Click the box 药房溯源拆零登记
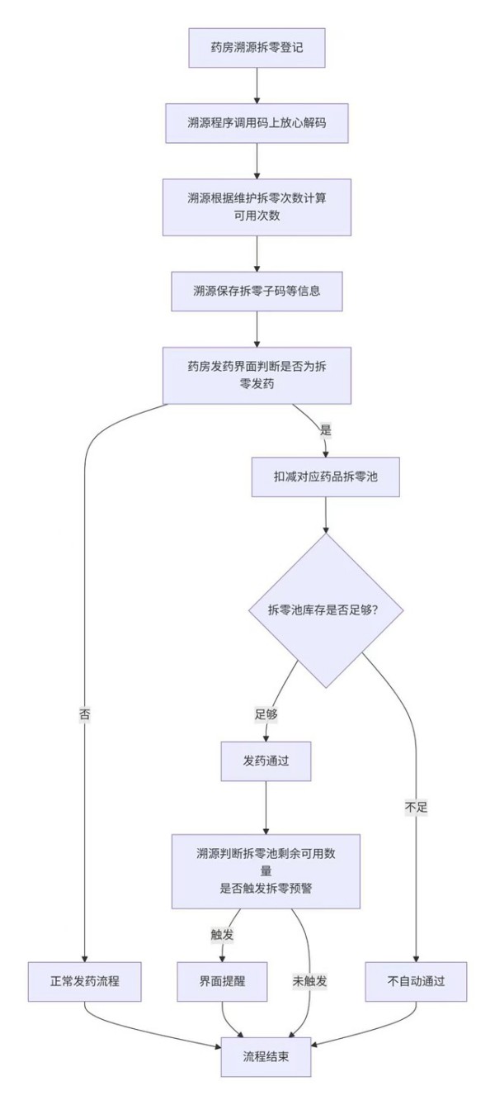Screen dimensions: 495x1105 coord(257,48)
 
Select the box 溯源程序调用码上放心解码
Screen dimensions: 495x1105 coord(257,123)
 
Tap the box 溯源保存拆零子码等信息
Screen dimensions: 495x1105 coord(257,291)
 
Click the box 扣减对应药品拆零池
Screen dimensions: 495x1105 coord(325,477)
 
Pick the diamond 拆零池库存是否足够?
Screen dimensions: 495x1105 coord(325,610)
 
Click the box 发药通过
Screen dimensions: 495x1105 coord(266,761)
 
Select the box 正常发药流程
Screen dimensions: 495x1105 coord(84,982)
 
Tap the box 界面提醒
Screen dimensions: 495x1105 coord(223,982)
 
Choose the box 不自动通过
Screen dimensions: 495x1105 coord(416,982)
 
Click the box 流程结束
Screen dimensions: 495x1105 coord(266,1056)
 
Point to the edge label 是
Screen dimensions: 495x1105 coord(325,429)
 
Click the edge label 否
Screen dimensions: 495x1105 coord(85,714)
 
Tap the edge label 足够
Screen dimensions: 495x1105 coord(266,714)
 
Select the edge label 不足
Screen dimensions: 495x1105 coord(416,808)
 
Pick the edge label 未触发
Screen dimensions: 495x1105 coord(309,981)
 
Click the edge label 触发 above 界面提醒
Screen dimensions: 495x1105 coord(223,934)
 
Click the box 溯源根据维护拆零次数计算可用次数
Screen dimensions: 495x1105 coord(257,207)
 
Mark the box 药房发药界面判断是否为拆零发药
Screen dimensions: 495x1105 coord(257,376)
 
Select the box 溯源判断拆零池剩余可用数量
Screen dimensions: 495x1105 coord(266,871)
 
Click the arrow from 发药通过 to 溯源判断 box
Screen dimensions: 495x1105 coord(266,808)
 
